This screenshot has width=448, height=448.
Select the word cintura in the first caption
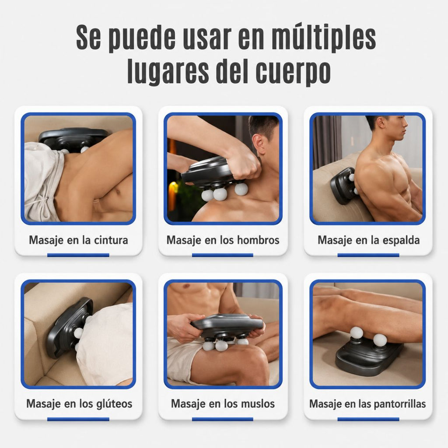[x=111, y=240]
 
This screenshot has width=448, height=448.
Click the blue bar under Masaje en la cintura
[x=78, y=255]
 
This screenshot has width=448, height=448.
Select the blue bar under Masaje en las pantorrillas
[x=368, y=419]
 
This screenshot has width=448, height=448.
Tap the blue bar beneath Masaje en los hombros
[x=222, y=255]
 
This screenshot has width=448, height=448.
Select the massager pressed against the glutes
[x=69, y=327]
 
